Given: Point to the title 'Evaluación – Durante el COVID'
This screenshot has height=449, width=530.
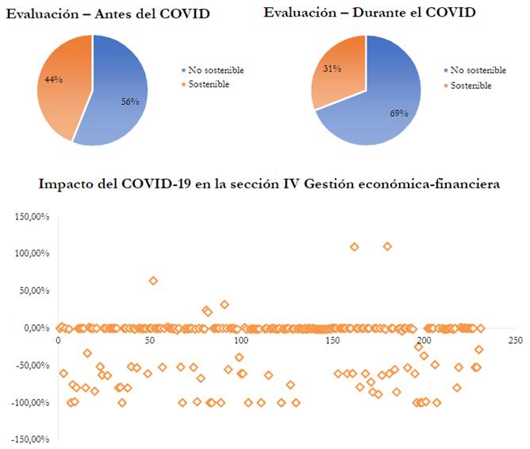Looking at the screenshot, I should [x=370, y=13].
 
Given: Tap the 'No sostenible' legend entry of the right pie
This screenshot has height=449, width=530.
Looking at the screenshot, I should [x=477, y=70].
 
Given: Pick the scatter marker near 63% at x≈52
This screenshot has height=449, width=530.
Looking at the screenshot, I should [x=153, y=281].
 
